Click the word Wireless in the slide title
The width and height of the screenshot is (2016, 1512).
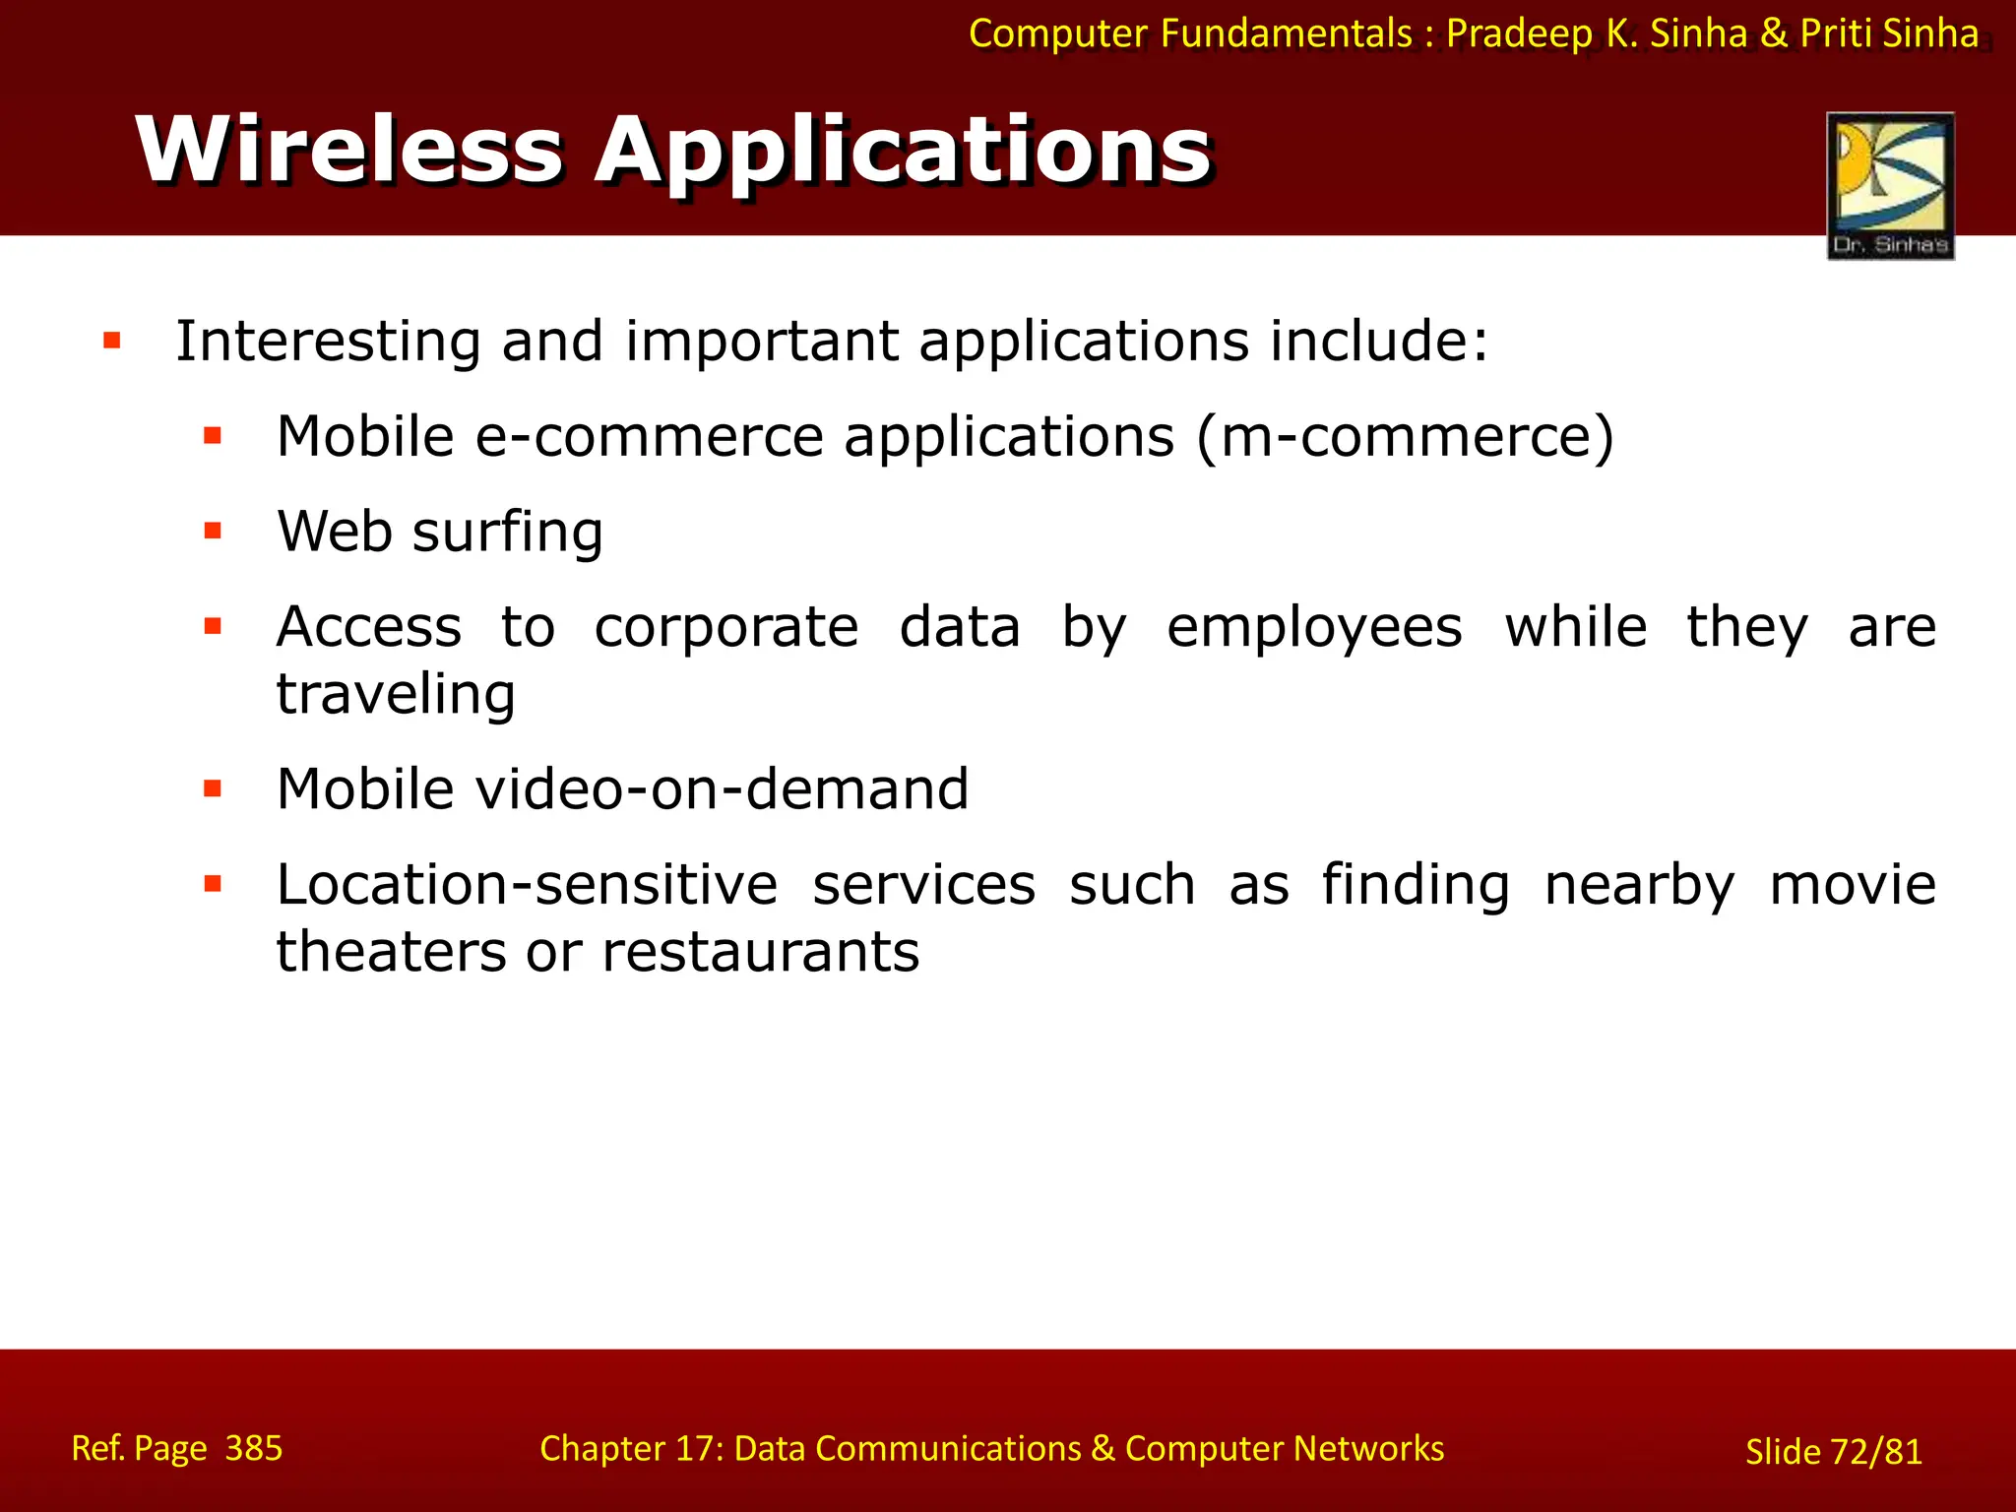tap(349, 150)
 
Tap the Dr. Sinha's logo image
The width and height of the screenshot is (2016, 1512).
tap(1890, 185)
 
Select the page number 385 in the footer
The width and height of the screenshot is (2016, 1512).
tap(253, 1448)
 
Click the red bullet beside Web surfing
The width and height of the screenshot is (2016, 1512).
tap(213, 532)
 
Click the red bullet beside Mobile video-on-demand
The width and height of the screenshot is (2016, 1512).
tap(213, 788)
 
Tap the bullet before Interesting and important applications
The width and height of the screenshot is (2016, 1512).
tap(112, 342)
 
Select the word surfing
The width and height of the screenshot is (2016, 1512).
tap(507, 534)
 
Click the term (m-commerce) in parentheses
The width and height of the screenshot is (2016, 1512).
tap(1406, 436)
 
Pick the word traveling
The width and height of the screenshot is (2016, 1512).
tap(396, 695)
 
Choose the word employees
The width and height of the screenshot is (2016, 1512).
tap(1314, 629)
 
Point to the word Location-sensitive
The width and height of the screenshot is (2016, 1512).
tap(527, 884)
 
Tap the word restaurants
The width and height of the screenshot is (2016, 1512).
tap(760, 952)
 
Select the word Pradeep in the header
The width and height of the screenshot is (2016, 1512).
tap(1519, 34)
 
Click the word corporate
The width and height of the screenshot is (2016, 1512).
tap(726, 628)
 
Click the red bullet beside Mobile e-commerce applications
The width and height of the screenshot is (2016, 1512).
tap(213, 436)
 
